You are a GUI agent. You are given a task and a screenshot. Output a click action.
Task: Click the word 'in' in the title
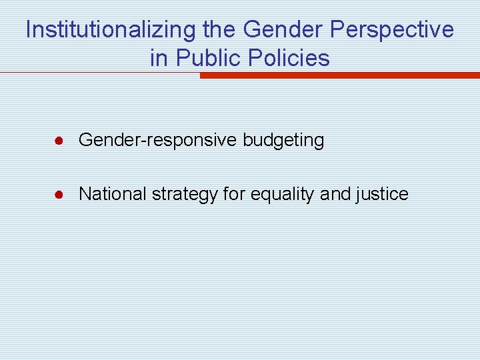159,58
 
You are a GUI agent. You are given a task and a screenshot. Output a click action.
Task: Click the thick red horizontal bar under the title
339,75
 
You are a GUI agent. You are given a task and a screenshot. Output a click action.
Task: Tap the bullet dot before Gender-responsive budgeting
59,141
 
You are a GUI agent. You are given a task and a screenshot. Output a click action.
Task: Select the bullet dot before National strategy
59,195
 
